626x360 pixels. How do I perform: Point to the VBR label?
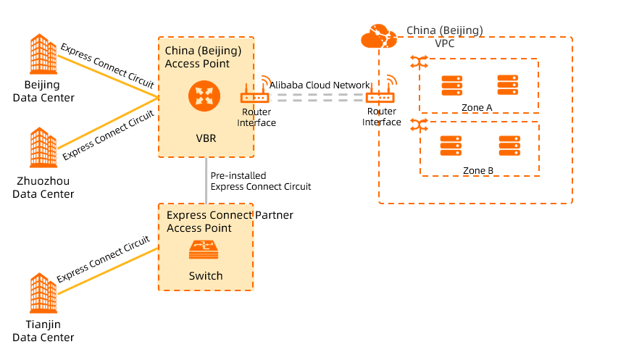point(206,138)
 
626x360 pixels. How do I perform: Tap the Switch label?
point(206,276)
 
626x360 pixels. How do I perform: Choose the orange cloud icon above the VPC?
point(379,35)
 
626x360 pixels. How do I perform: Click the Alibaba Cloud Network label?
point(320,85)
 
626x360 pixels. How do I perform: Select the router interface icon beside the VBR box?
point(255,93)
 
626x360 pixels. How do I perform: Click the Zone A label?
point(477,108)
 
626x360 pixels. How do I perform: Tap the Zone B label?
point(478,171)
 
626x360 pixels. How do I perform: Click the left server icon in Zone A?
point(452,85)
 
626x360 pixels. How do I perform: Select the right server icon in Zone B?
point(508,147)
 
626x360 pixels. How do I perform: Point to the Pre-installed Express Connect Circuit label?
point(260,181)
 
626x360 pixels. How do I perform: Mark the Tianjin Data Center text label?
point(43,332)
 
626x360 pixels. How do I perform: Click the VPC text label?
point(445,43)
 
